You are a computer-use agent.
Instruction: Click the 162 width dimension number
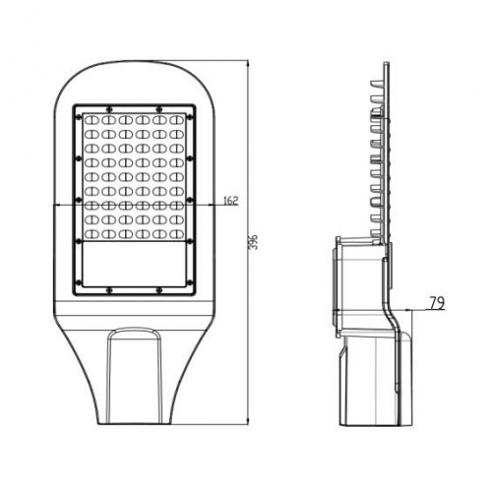tap(230, 201)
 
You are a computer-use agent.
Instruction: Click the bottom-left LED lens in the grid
tap(88, 235)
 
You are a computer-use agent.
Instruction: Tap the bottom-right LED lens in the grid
tap(178, 235)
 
